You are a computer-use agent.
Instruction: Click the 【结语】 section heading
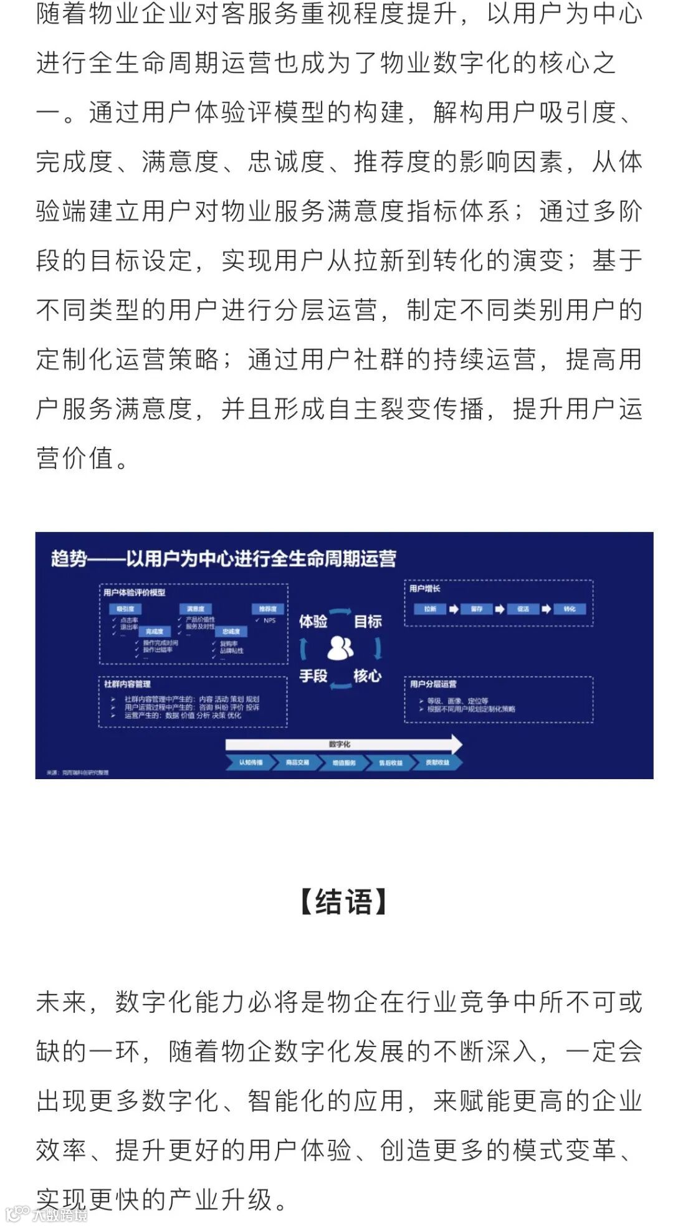[x=343, y=902]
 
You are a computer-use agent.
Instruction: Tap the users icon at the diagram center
[x=340, y=648]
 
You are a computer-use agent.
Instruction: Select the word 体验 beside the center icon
[x=313, y=621]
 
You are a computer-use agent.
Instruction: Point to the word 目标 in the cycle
[x=368, y=621]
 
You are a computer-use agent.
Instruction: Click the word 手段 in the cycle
[x=313, y=676]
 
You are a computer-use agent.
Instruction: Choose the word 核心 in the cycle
[x=368, y=676]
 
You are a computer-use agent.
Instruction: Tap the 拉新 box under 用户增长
[x=430, y=609]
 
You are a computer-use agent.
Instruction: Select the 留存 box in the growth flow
[x=477, y=609]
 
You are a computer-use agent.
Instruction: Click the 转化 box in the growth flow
[x=570, y=609]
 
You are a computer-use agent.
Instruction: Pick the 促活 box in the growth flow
[x=523, y=609]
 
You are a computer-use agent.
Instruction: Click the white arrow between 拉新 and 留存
[x=454, y=609]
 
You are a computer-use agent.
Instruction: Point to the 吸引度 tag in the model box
[x=125, y=609]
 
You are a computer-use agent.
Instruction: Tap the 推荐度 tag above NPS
[x=268, y=609]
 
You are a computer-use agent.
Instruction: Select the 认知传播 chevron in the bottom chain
[x=251, y=762]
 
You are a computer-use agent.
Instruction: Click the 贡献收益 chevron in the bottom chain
[x=437, y=762]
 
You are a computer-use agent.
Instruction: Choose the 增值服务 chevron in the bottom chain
[x=344, y=762]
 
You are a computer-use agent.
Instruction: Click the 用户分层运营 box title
[x=433, y=684]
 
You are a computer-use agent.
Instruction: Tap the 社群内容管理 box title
[x=128, y=684]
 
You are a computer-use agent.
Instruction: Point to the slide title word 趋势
[x=69, y=559]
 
